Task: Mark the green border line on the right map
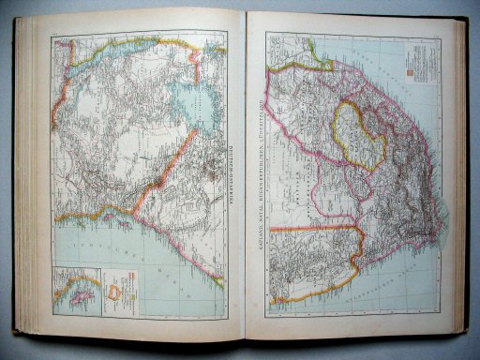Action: coord(309,64)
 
